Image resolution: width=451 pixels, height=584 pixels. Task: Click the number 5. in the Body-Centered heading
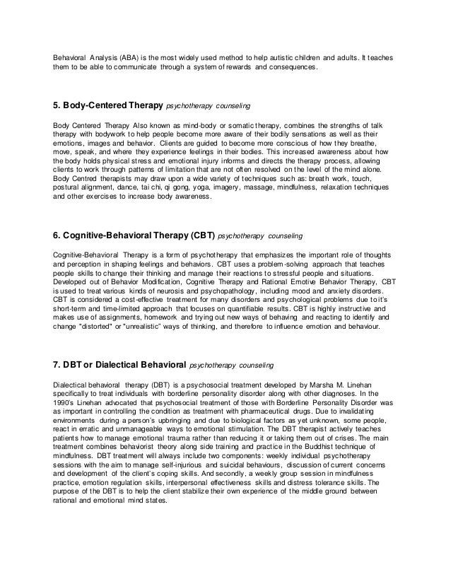coord(58,106)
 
